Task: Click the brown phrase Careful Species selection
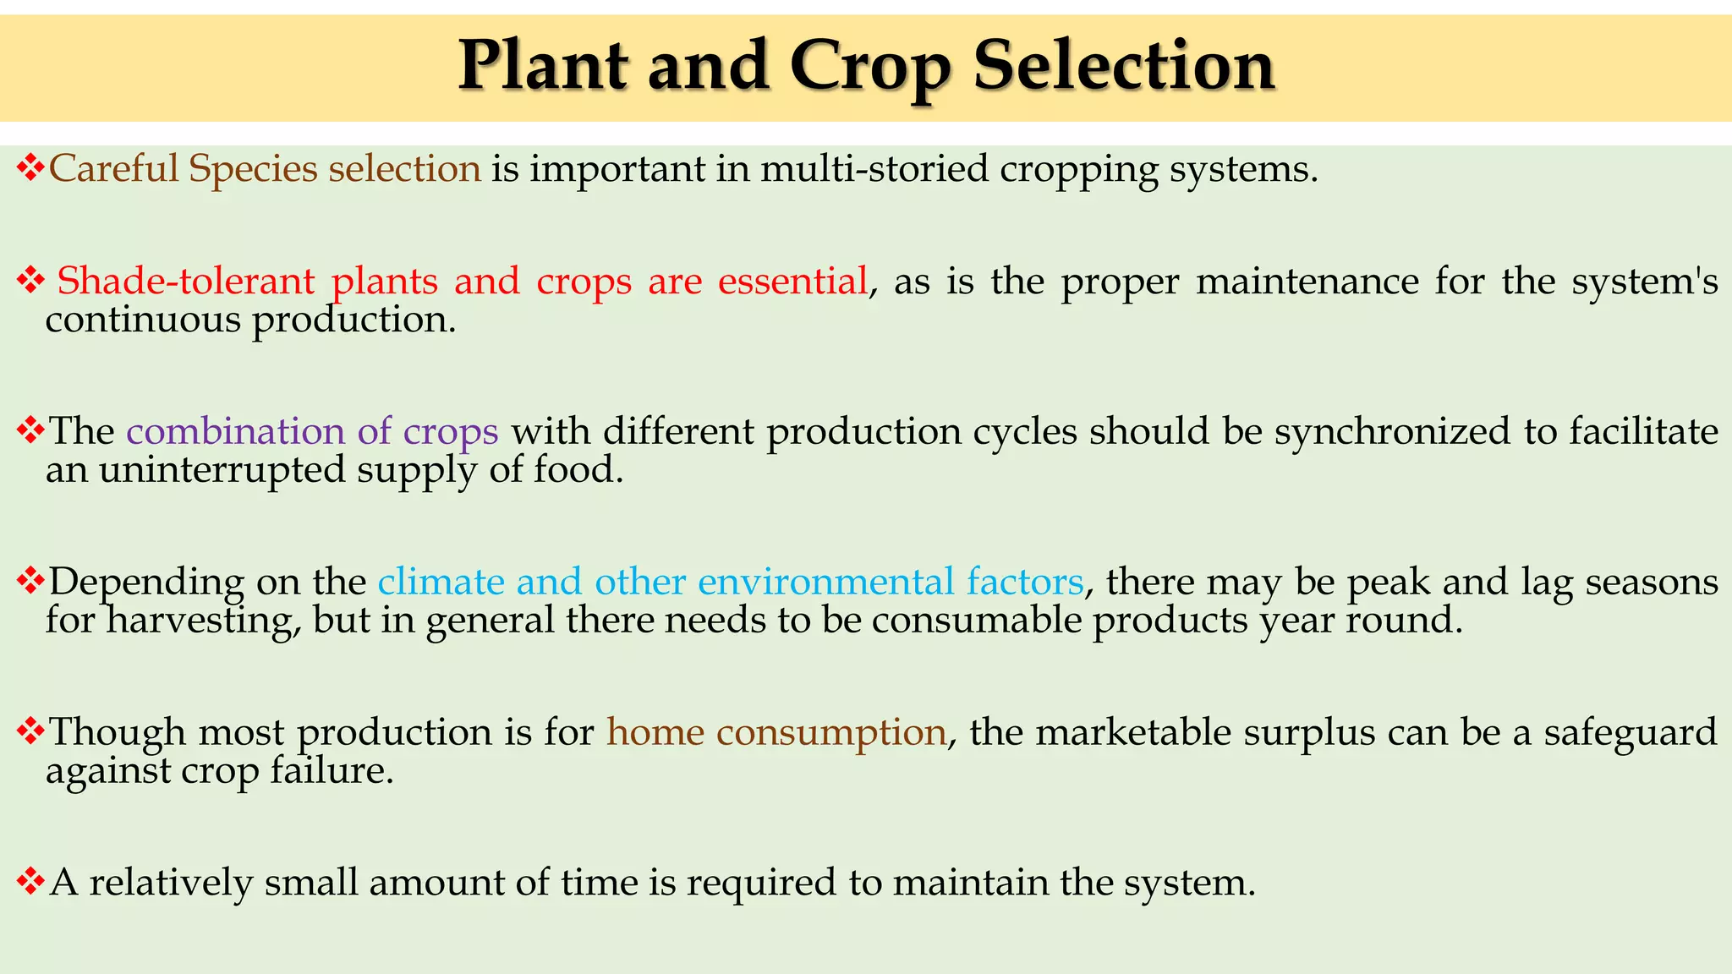pos(265,169)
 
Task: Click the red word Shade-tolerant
pos(185,281)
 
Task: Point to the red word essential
pos(792,281)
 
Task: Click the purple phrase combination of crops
pos(312,431)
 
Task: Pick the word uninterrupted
pos(222,469)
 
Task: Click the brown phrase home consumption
pos(776,732)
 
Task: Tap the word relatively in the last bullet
pos(172,883)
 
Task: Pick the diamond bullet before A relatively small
pos(30,881)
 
